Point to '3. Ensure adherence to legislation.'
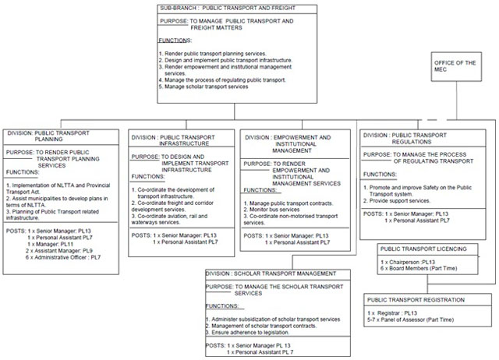[257, 331]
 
